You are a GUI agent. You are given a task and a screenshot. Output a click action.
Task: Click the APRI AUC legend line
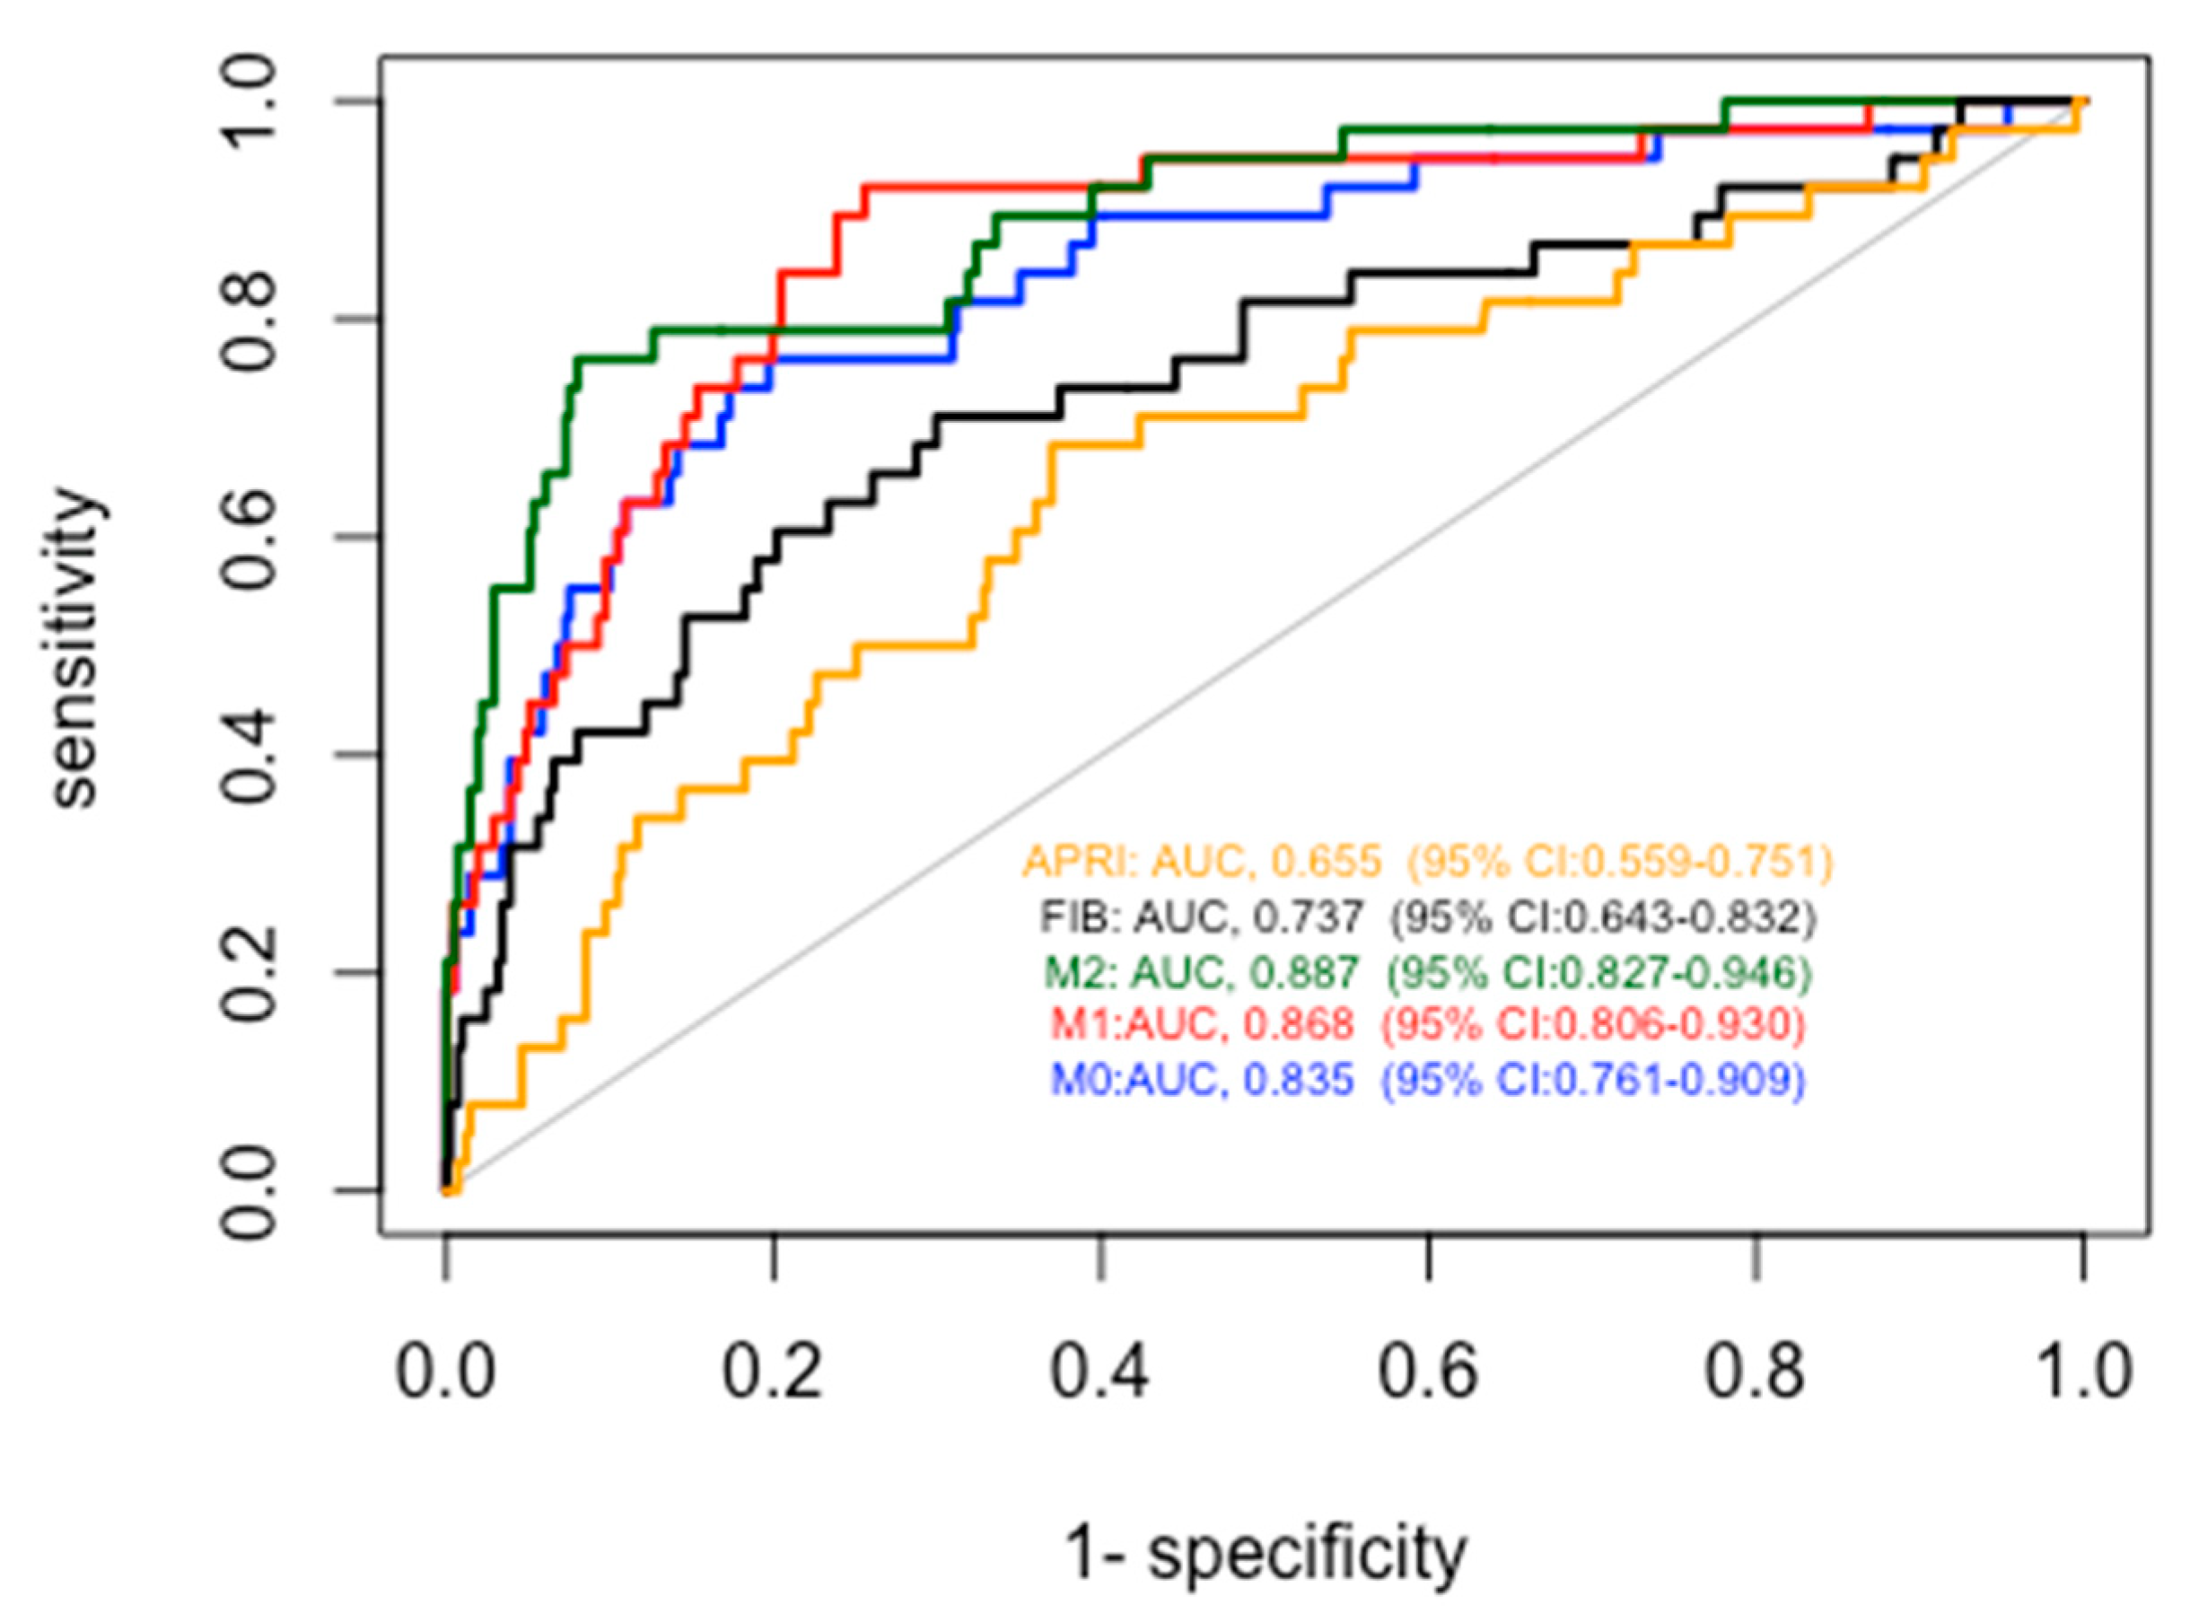pyautogui.click(x=1426, y=861)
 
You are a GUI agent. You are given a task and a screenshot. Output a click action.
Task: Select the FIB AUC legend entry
pyautogui.click(x=1426, y=917)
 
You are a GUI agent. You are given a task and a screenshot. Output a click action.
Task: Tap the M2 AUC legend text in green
pyautogui.click(x=1426, y=972)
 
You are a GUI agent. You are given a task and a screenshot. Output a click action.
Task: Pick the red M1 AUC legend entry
pyautogui.click(x=1426, y=1025)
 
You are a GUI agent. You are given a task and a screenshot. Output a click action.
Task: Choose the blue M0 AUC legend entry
pyautogui.click(x=1426, y=1080)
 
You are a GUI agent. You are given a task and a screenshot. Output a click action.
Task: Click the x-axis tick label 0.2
pyautogui.click(x=773, y=1372)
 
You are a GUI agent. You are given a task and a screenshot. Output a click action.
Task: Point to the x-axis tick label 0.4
pyautogui.click(x=1100, y=1372)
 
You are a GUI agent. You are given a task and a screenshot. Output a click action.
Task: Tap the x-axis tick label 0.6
pyautogui.click(x=1428, y=1372)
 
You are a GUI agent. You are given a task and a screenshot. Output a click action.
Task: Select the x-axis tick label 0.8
pyautogui.click(x=1755, y=1372)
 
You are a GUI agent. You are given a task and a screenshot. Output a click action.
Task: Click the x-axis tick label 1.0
pyautogui.click(x=2082, y=1372)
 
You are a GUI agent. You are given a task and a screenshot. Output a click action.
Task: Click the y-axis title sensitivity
pyautogui.click(x=76, y=649)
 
